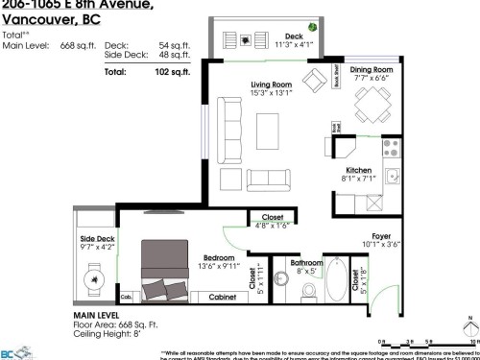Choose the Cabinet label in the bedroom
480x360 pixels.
click(x=223, y=299)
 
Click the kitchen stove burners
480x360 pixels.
click(x=391, y=148)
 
